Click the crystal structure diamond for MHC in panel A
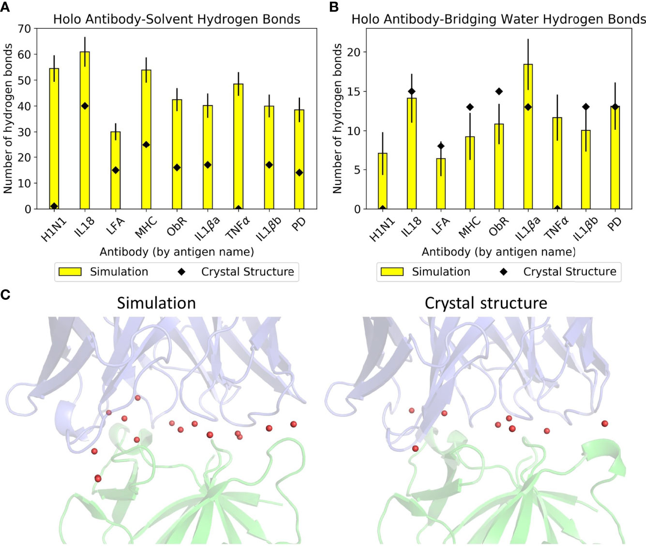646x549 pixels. (146, 145)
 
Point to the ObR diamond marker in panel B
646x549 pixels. (499, 91)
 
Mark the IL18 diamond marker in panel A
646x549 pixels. (85, 106)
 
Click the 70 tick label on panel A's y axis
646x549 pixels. (24, 29)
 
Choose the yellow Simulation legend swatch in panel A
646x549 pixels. (70, 272)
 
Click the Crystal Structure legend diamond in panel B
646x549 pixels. (504, 272)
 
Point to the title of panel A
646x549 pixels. (177, 19)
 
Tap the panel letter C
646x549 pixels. (6, 294)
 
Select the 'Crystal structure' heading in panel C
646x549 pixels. (486, 303)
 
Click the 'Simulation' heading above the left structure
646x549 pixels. (156, 303)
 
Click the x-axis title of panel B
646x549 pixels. (498, 252)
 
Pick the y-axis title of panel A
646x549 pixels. (8, 119)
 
